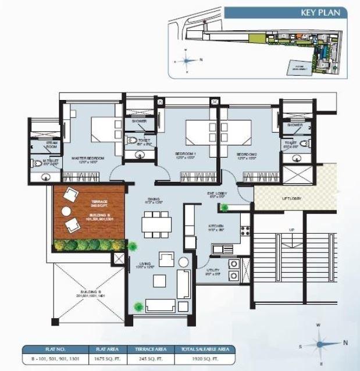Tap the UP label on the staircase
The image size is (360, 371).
[x=291, y=230]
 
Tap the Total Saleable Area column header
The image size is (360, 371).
[x=199, y=349]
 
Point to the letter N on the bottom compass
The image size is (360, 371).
[x=345, y=343]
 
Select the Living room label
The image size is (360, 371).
[x=142, y=266]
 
